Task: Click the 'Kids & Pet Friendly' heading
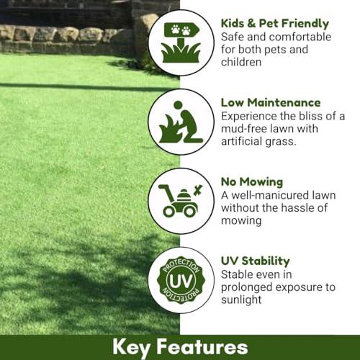pyautogui.click(x=275, y=24)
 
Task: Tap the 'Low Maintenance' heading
pyautogui.click(x=271, y=102)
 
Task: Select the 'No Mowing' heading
pyautogui.click(x=252, y=182)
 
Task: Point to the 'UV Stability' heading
pyautogui.click(x=256, y=261)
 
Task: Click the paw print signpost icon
pyautogui.click(x=181, y=42)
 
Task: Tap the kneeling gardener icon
pyautogui.click(x=181, y=122)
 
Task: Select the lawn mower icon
pyautogui.click(x=181, y=201)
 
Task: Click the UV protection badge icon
pyautogui.click(x=181, y=280)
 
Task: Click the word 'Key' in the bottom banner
pyautogui.click(x=132, y=348)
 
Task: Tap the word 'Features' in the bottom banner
pyautogui.click(x=202, y=347)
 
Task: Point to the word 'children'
pyautogui.click(x=241, y=62)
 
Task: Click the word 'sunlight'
pyautogui.click(x=241, y=300)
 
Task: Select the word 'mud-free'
pyautogui.click(x=243, y=129)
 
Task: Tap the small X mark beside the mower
pyautogui.click(x=198, y=190)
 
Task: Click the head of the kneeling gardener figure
pyautogui.click(x=178, y=105)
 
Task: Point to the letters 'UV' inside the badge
pyautogui.click(x=181, y=281)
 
